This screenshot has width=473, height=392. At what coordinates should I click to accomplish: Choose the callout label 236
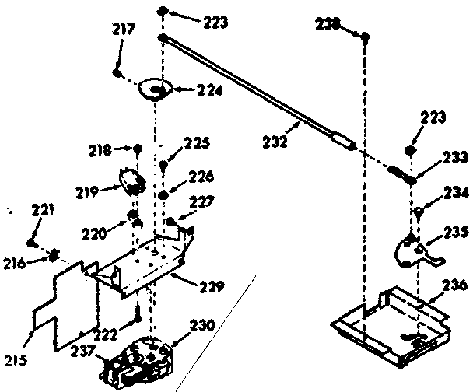click(455, 284)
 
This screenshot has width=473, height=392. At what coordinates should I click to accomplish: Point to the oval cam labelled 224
click(153, 91)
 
